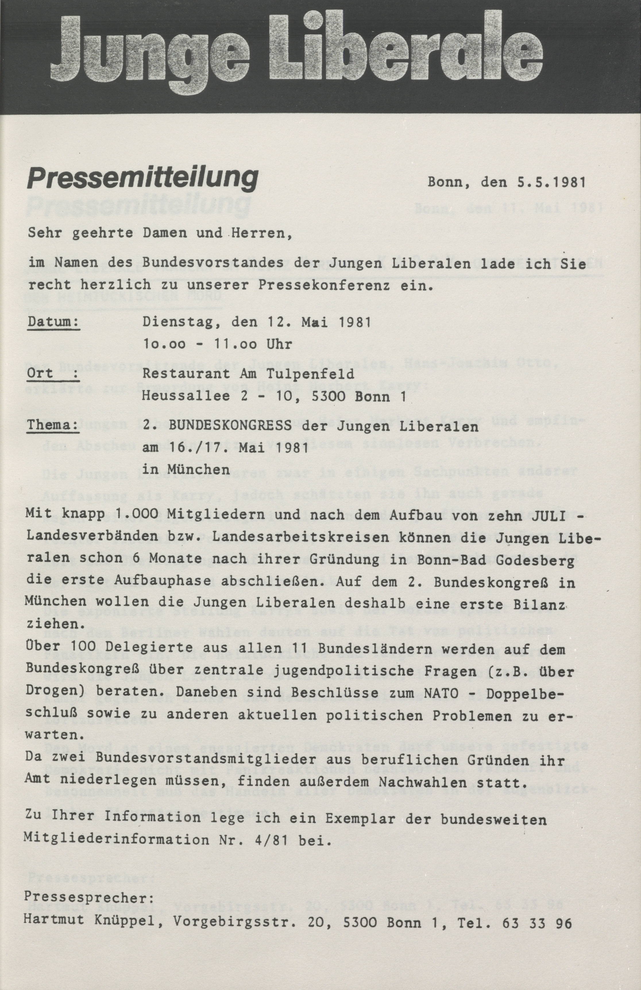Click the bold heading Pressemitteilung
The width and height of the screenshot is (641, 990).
click(x=142, y=180)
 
